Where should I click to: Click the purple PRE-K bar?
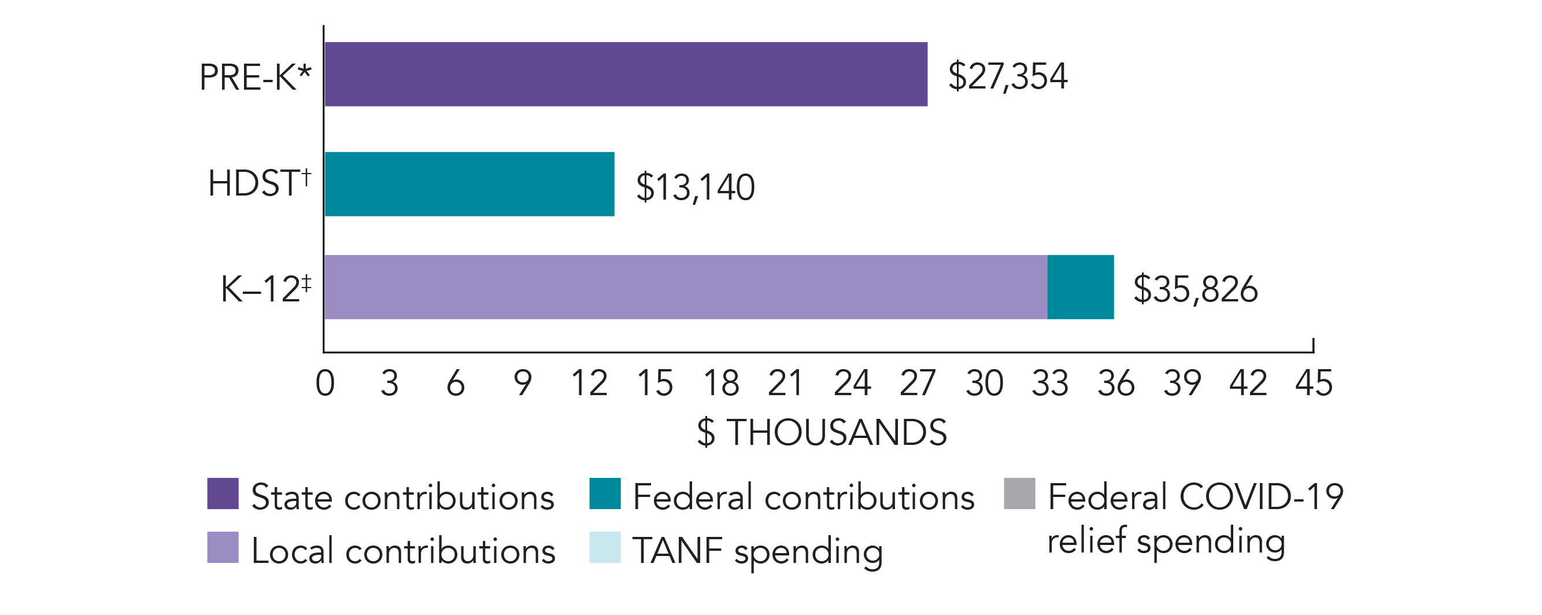626,74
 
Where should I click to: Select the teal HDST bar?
469,184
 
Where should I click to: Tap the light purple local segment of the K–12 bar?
685,287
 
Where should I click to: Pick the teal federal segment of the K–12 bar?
1081,287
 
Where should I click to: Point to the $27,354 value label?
1007,76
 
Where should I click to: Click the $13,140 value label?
695,187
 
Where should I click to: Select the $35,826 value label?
1196,289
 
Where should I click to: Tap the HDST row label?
259,183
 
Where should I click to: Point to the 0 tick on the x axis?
325,383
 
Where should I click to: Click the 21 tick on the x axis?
786,383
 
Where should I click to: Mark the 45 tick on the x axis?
1314,383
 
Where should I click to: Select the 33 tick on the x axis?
1050,383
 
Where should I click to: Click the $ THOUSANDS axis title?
822,432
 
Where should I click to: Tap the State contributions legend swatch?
223,494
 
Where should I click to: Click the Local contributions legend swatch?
223,547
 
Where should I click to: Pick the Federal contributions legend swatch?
605,494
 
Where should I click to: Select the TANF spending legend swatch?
605,547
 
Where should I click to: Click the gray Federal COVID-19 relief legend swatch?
1019,494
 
